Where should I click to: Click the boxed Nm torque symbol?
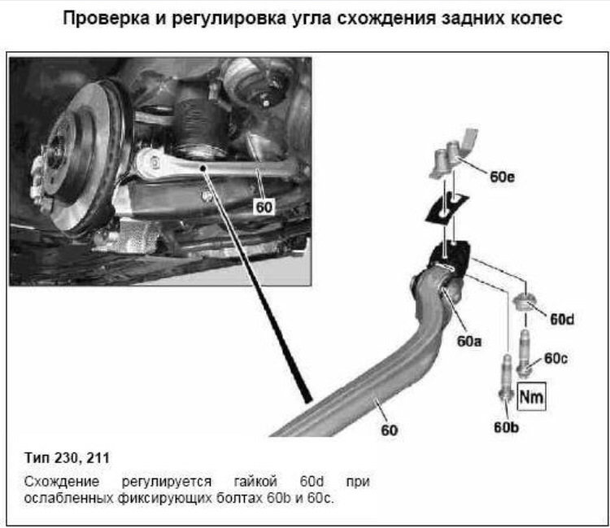coord(531,396)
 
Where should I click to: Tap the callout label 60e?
coord(502,177)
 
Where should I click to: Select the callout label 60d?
coord(562,320)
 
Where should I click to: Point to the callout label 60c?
coord(556,358)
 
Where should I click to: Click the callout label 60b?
coord(506,427)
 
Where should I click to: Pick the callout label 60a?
coord(468,341)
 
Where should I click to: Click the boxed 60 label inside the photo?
coord(264,207)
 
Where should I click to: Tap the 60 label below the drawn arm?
coord(389,430)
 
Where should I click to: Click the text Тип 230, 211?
coord(67,457)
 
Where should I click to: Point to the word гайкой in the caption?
coord(255,482)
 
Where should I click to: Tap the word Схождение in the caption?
coord(62,482)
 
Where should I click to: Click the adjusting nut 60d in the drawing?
coord(525,303)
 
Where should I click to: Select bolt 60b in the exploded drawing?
coord(506,377)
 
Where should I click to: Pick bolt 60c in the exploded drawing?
coord(524,353)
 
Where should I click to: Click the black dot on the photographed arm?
coord(203,168)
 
